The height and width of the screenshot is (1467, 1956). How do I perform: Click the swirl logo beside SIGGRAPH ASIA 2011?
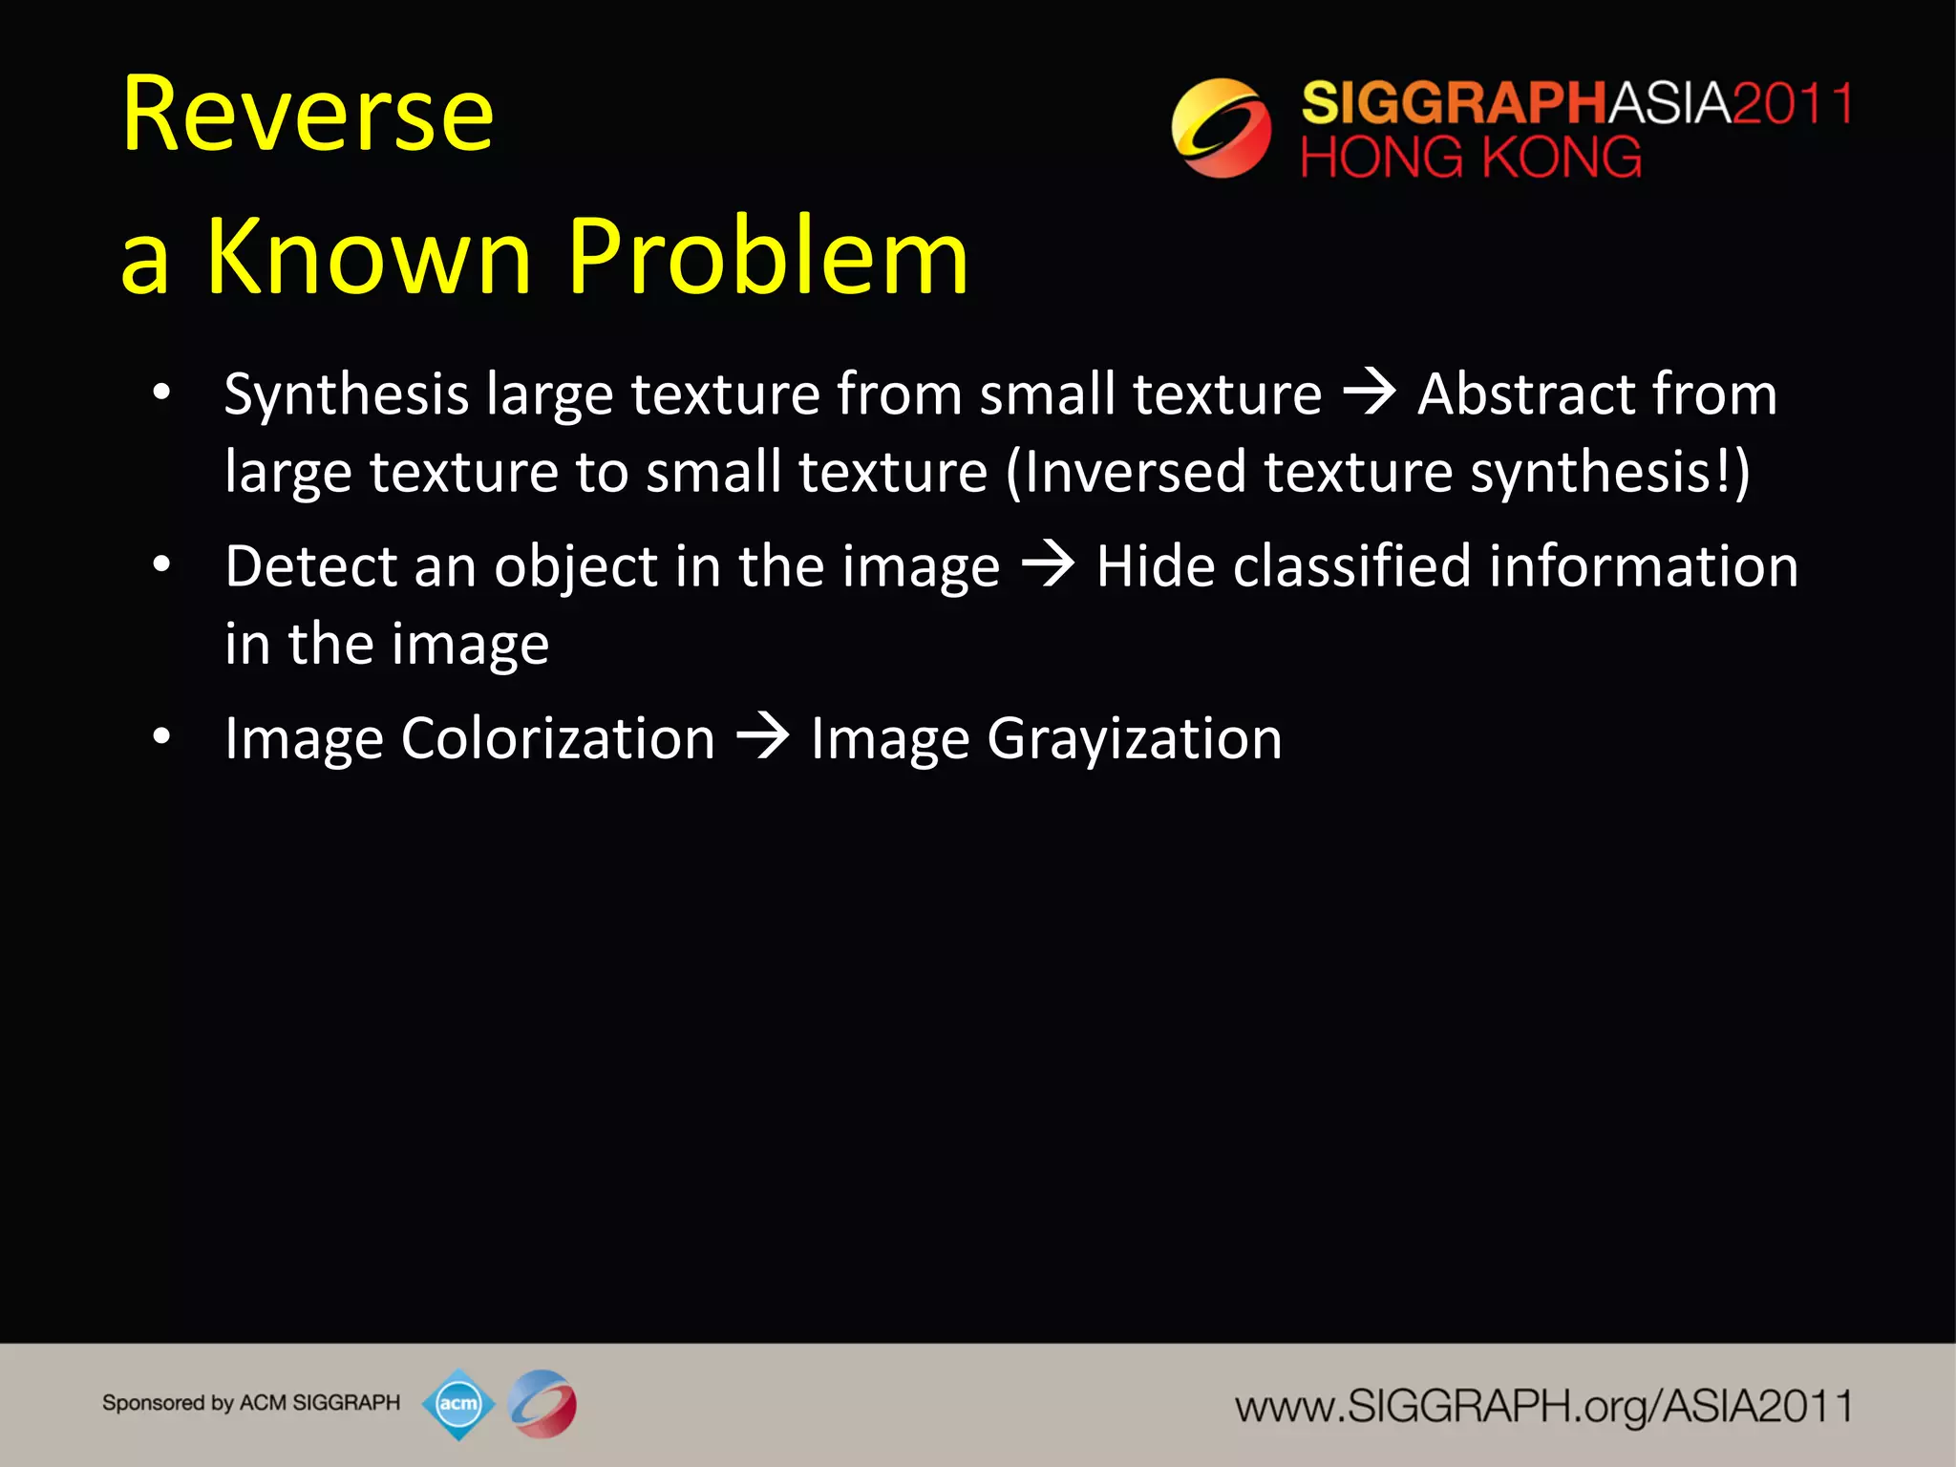[x=1221, y=128]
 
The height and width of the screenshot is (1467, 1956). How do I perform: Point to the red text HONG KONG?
[x=1471, y=158]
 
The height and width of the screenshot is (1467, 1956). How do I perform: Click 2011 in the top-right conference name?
[x=1792, y=103]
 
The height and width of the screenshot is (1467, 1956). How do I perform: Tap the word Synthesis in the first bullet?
[x=346, y=395]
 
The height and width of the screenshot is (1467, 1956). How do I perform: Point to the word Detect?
[x=309, y=566]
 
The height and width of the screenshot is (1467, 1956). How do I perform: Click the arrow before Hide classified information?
[x=1048, y=564]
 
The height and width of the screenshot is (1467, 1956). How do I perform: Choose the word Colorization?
[x=558, y=739]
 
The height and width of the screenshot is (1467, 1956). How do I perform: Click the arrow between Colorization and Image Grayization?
[x=762, y=737]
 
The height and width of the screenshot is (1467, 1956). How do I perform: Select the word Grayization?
[x=1134, y=740]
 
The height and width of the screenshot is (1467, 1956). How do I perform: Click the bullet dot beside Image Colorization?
[x=161, y=736]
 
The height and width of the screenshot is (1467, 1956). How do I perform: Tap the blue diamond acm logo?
[x=458, y=1404]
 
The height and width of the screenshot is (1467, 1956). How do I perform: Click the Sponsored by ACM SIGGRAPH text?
[x=251, y=1403]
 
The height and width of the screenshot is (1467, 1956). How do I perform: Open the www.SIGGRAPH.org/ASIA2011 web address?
[x=1543, y=1406]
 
